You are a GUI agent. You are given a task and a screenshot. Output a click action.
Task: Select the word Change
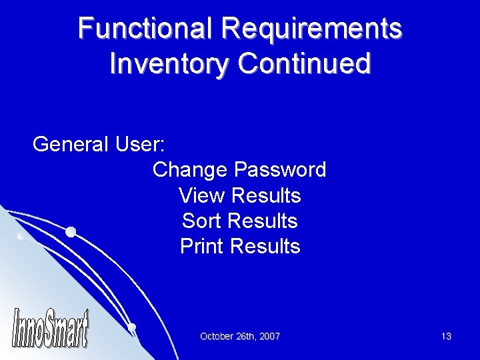point(190,170)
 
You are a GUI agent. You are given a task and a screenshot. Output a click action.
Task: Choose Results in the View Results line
point(265,196)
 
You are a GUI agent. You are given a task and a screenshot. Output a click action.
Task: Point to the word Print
point(202,247)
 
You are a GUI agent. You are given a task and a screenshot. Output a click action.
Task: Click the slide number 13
point(446,337)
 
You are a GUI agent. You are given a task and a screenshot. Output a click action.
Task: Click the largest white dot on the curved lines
point(71,232)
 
